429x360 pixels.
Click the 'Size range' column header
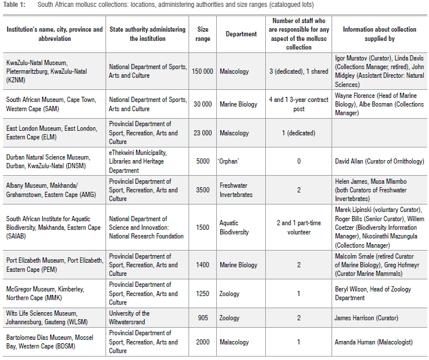[202, 34]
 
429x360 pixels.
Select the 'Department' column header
[241, 34]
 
